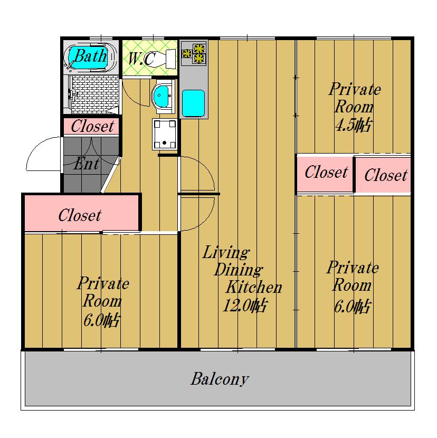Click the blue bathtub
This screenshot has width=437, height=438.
point(89,58)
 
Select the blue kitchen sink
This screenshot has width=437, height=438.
point(193,103)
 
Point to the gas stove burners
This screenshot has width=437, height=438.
point(194,53)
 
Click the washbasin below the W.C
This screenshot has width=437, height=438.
point(164,97)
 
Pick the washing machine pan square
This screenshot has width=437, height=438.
point(165,135)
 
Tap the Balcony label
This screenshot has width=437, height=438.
point(220,379)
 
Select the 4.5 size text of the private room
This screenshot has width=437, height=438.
point(353,125)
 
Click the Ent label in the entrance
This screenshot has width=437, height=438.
point(87,164)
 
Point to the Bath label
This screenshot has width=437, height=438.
point(91,55)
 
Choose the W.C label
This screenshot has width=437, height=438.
point(141,59)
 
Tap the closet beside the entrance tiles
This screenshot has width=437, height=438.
point(92,127)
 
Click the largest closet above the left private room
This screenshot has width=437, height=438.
point(81,213)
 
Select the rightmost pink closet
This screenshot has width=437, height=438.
point(383,175)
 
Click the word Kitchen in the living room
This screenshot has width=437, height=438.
point(254,287)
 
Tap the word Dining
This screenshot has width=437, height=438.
point(239,270)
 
